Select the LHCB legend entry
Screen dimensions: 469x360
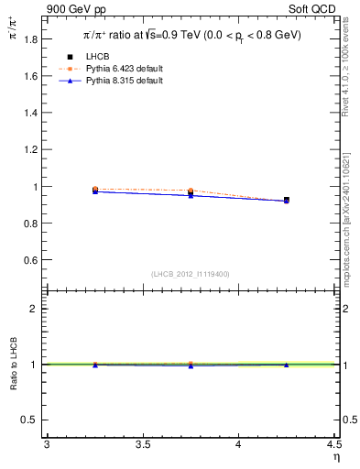point(110,57)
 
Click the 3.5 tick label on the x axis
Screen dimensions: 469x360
point(142,444)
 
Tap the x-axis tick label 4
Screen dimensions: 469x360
point(238,444)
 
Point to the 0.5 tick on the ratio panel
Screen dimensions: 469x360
point(31,420)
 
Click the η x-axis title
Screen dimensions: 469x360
point(335,455)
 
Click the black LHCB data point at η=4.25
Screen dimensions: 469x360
point(287,200)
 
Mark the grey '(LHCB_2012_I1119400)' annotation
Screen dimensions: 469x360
point(191,274)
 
